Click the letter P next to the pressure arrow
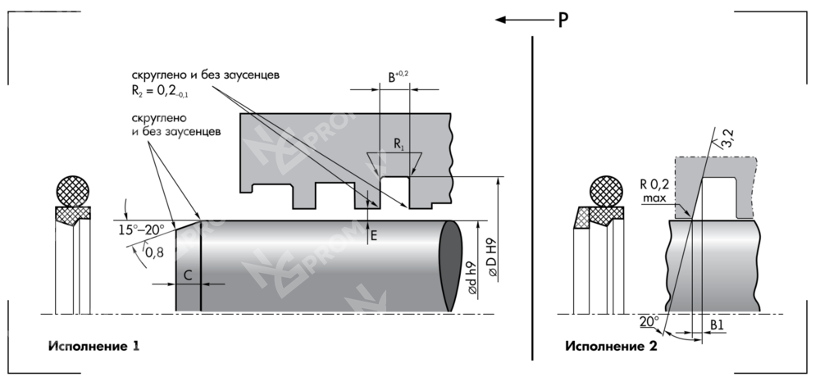point(563,20)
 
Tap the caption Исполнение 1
point(93,346)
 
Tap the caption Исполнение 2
point(611,346)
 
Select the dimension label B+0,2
point(398,77)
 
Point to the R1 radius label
point(399,144)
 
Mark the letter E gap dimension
point(374,234)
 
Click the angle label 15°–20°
point(142,230)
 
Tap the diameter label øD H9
point(491,261)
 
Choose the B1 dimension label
point(717,325)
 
